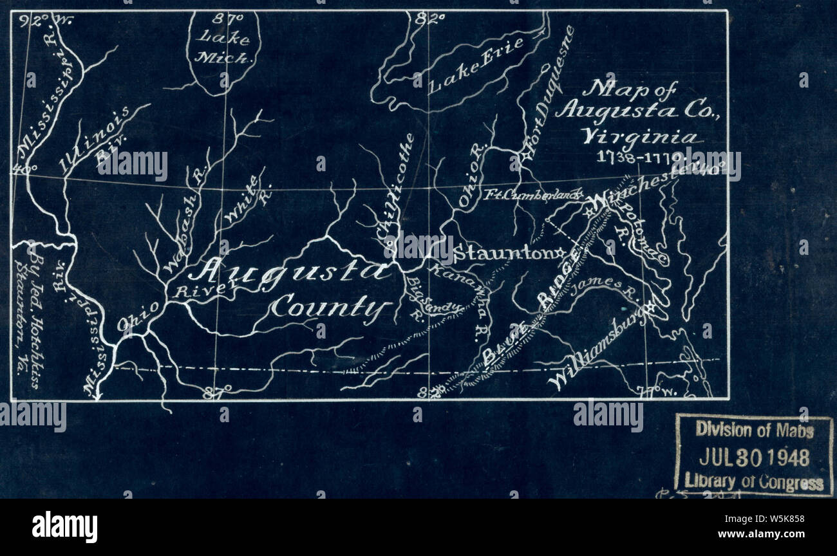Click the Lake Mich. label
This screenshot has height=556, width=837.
tap(222, 48)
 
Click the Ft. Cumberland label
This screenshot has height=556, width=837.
tap(532, 194)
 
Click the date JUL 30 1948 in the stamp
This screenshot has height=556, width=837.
tap(754, 458)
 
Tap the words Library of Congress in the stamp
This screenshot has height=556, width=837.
tap(754, 482)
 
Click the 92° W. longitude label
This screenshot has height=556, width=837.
tap(46, 21)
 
